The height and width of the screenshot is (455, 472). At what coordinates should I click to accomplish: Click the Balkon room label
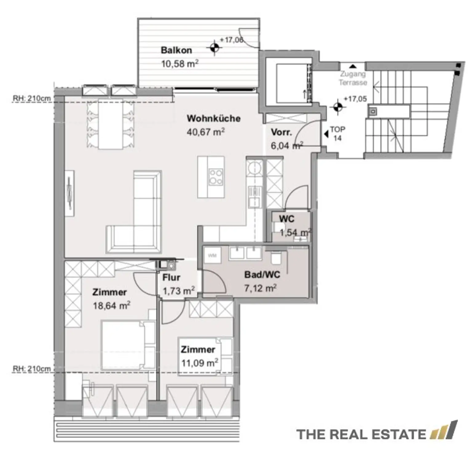coord(176,50)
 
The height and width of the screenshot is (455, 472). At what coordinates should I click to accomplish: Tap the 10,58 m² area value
coord(180,63)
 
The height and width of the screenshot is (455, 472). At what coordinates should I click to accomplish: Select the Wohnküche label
coord(214,118)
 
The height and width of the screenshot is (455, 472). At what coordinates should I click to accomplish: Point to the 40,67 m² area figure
coord(206,132)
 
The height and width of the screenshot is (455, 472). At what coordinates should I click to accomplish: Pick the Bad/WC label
coord(262,274)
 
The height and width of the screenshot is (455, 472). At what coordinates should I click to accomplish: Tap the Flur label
coord(171,277)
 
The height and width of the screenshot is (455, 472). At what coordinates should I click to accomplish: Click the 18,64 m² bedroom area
coord(112,305)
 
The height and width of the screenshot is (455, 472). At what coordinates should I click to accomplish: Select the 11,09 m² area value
coord(200,363)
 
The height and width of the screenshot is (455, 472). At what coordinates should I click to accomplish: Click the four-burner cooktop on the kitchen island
coord(215,177)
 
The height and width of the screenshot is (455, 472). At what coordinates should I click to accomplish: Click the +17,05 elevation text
coord(355,99)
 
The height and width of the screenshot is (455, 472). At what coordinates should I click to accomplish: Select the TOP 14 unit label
coord(337,134)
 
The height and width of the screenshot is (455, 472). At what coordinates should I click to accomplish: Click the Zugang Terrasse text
coord(353,78)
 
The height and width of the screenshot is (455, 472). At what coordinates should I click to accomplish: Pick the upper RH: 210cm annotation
coord(31,98)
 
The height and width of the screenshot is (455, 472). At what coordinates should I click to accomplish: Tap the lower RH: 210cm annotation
coord(31,369)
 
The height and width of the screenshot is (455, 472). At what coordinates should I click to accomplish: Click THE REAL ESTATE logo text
coord(361,434)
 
